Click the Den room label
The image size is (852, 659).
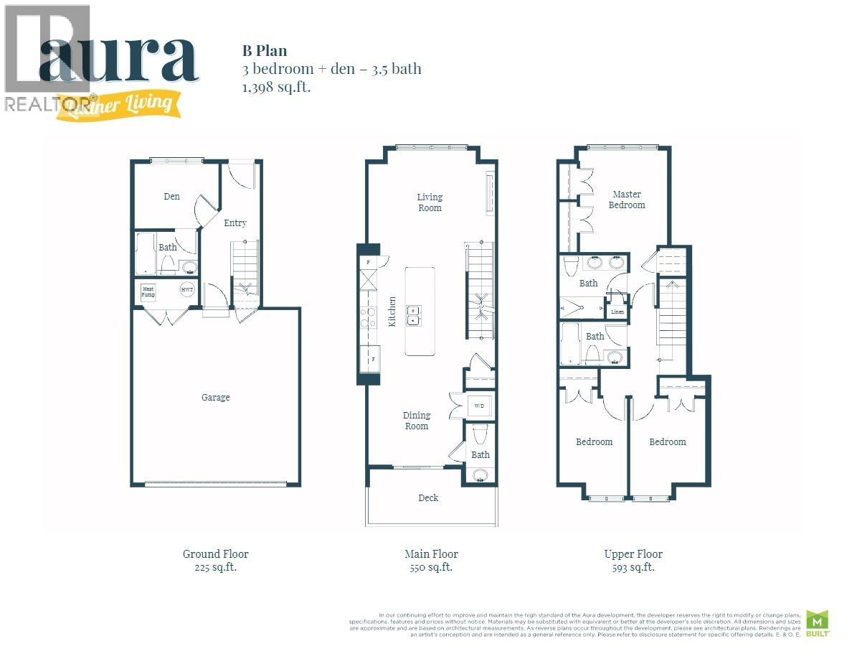tap(171, 197)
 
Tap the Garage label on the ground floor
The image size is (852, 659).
tap(215, 397)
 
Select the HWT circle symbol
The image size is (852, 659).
tap(187, 289)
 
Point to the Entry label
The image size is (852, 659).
tap(235, 223)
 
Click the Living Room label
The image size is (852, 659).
tap(430, 202)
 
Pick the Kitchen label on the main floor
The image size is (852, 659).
tap(392, 312)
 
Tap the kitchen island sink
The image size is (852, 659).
tap(414, 315)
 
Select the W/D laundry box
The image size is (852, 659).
tap(479, 406)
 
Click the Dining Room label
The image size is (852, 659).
tap(417, 421)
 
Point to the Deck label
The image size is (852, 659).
tap(428, 497)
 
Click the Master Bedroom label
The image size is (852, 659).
tap(627, 200)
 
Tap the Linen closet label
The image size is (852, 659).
tap(616, 312)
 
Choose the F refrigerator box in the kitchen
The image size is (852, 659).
tap(372, 357)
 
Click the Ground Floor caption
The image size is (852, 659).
tap(215, 554)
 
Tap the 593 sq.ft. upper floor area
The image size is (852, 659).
tap(633, 567)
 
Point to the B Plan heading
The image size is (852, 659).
tap(264, 51)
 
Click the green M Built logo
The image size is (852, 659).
tap(817, 622)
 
